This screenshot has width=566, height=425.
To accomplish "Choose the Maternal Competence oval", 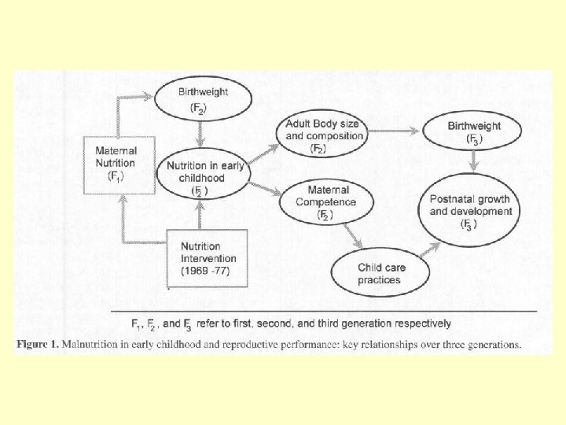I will coord(325,201).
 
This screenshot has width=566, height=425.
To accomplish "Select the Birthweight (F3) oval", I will coord(474,132).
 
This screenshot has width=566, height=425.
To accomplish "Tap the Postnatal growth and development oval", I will coord(471,211).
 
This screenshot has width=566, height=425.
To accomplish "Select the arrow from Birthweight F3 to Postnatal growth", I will coord(474,161).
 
